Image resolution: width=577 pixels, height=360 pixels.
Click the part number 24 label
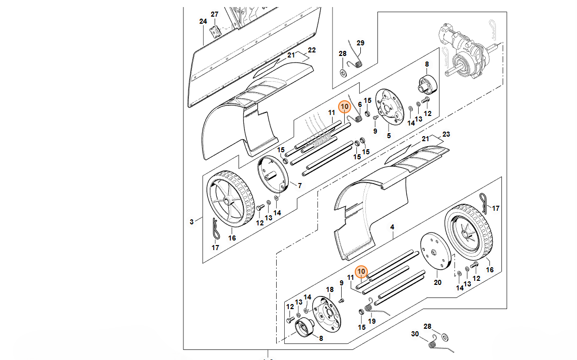203,22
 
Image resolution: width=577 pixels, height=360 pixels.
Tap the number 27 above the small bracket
215,14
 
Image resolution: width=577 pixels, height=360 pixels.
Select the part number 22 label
312,50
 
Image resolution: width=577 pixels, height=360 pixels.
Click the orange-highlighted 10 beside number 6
345,107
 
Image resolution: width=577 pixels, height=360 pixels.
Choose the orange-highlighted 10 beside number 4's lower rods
361,272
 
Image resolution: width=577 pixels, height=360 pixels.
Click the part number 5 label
389,136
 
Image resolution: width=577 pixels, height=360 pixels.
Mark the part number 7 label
300,186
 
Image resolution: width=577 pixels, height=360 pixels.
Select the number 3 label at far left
191,222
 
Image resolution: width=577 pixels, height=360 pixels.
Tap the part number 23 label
445,135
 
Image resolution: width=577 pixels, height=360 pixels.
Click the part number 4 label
392,227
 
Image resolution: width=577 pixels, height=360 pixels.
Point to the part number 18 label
330,289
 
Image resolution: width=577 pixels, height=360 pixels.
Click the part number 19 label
372,321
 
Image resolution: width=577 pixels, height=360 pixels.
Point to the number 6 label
360,104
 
